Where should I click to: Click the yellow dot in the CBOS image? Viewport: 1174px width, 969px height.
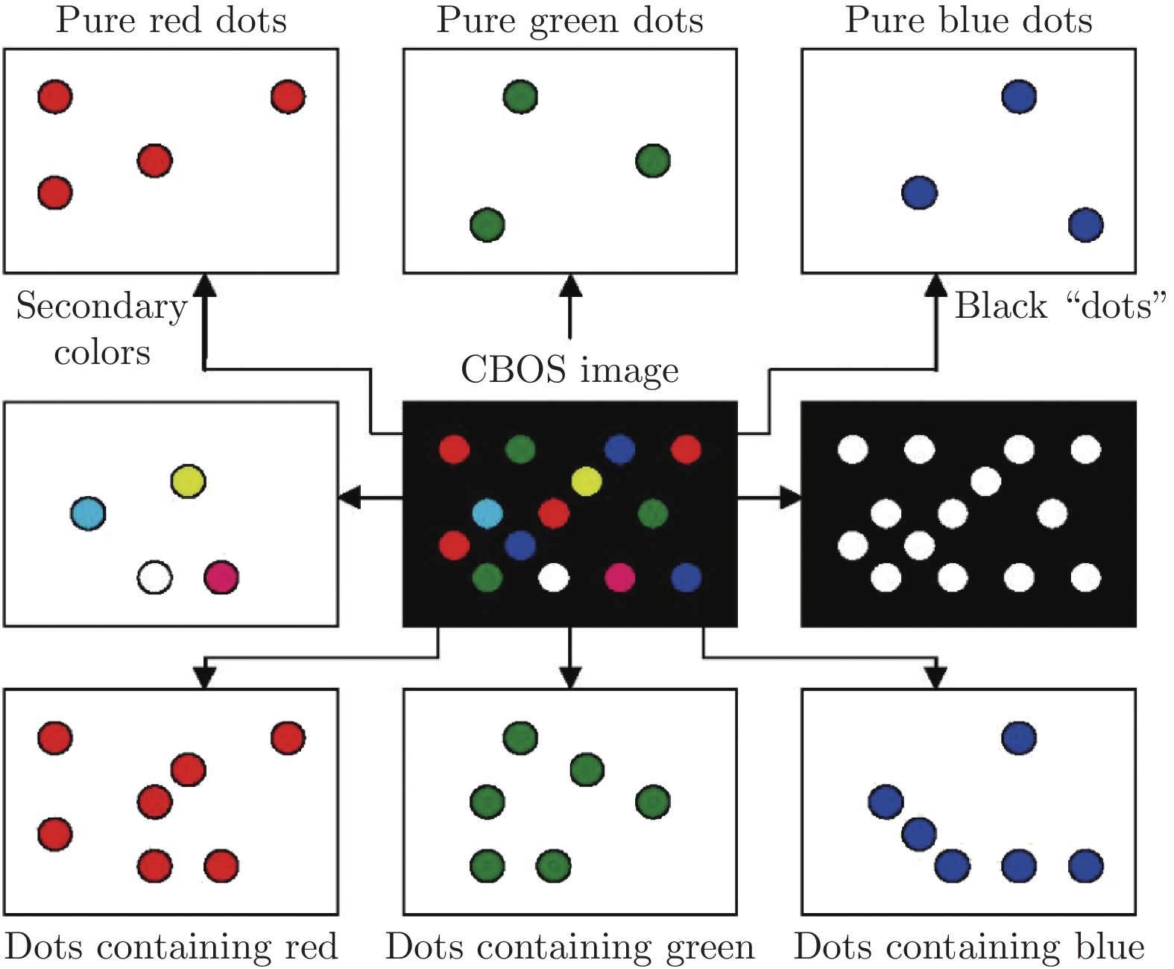click(587, 481)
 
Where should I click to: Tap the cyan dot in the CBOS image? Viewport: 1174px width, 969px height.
click(487, 513)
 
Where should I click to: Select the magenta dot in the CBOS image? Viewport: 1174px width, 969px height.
click(619, 577)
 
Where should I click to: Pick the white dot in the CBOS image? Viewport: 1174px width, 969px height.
click(553, 577)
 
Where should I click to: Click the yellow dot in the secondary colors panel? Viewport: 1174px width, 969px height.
click(188, 481)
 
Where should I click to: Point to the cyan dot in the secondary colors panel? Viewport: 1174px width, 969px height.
click(88, 513)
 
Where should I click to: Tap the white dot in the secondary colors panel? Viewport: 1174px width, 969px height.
click(155, 577)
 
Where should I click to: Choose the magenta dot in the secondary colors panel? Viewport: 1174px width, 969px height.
click(221, 577)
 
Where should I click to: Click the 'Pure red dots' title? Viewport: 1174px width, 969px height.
click(171, 20)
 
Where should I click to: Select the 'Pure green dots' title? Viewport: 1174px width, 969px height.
click(569, 20)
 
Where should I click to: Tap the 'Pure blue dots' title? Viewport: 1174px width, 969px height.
click(968, 20)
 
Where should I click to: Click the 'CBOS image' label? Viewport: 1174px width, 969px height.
click(569, 369)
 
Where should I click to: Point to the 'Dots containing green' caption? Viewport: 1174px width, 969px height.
click(569, 947)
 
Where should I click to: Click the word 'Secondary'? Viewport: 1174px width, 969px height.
click(101, 306)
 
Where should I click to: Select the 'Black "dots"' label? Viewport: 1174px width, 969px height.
click(1060, 306)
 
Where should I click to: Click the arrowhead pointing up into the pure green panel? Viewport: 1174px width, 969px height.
click(570, 285)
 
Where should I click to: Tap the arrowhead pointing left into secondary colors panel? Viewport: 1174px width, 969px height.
click(349, 497)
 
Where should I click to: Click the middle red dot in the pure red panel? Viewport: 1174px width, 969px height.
click(155, 160)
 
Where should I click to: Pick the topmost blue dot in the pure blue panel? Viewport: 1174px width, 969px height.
click(1019, 96)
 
